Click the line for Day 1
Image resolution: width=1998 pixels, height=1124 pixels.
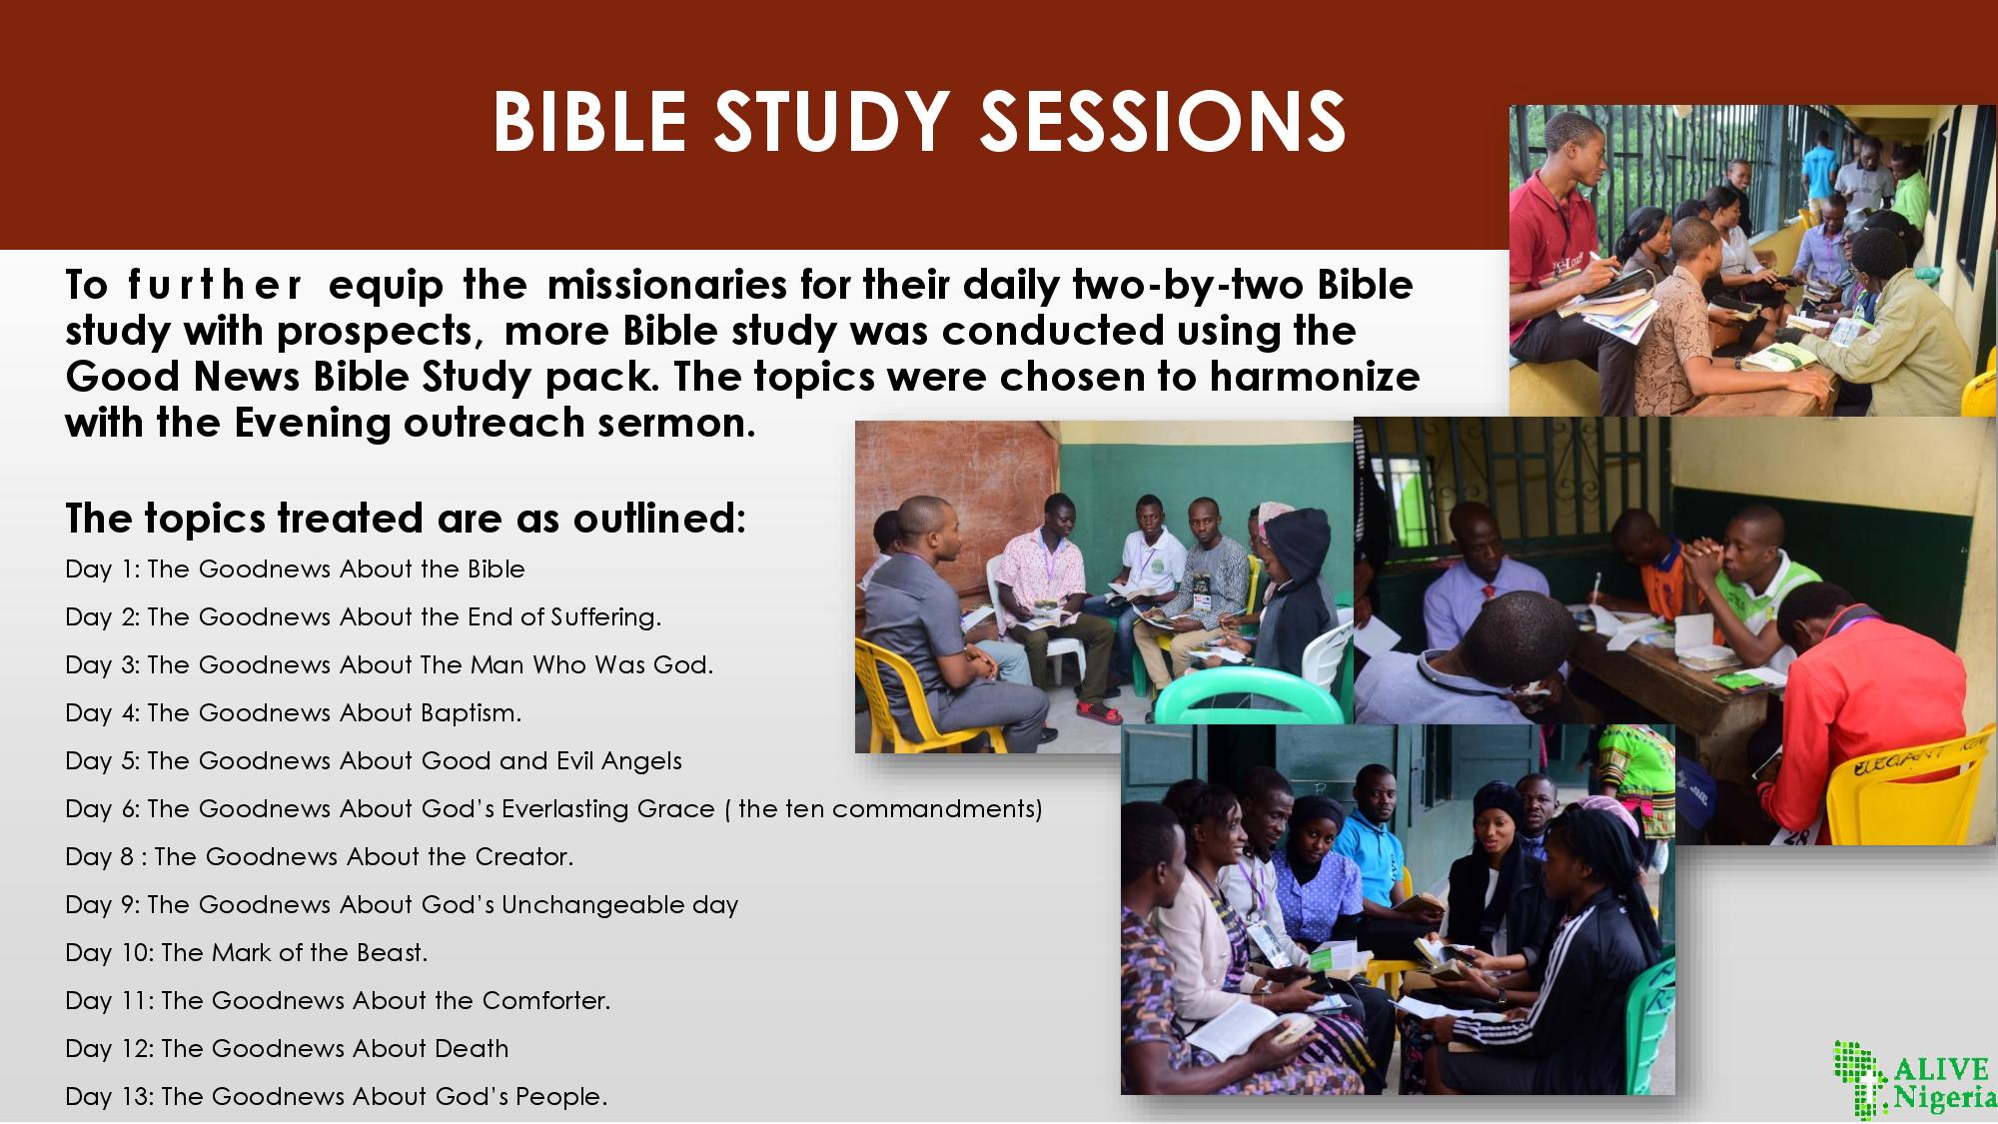pos(295,568)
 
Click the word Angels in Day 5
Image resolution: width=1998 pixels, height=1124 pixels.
pos(641,760)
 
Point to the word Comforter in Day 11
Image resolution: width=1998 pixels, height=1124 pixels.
pos(546,1000)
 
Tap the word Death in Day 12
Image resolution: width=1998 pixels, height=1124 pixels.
pos(472,1048)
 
